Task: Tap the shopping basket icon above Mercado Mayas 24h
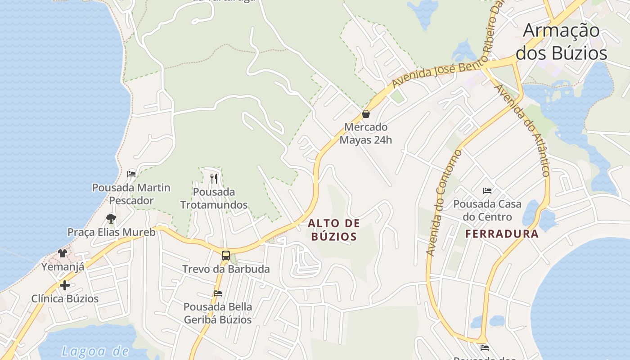pyautogui.click(x=366, y=114)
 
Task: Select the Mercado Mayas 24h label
pyautogui.click(x=366, y=134)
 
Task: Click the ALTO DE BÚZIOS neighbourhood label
pyautogui.click(x=334, y=229)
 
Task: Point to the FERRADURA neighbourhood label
pyautogui.click(x=502, y=234)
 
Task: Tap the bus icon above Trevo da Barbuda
pyautogui.click(x=226, y=256)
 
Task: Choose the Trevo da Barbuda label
pyautogui.click(x=226, y=269)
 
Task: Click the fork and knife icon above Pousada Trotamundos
pyautogui.click(x=214, y=179)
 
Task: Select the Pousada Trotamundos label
pyautogui.click(x=214, y=198)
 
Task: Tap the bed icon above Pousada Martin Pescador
pyautogui.click(x=131, y=174)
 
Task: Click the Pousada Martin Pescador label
pyautogui.click(x=131, y=194)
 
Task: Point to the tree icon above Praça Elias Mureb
pyautogui.click(x=111, y=219)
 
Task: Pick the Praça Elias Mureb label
pyautogui.click(x=111, y=232)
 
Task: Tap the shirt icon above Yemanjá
pyautogui.click(x=63, y=253)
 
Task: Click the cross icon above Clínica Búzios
pyautogui.click(x=65, y=285)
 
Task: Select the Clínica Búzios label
pyautogui.click(x=65, y=299)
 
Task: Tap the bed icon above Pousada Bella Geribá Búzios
pyautogui.click(x=218, y=293)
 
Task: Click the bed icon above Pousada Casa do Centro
pyautogui.click(x=487, y=191)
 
